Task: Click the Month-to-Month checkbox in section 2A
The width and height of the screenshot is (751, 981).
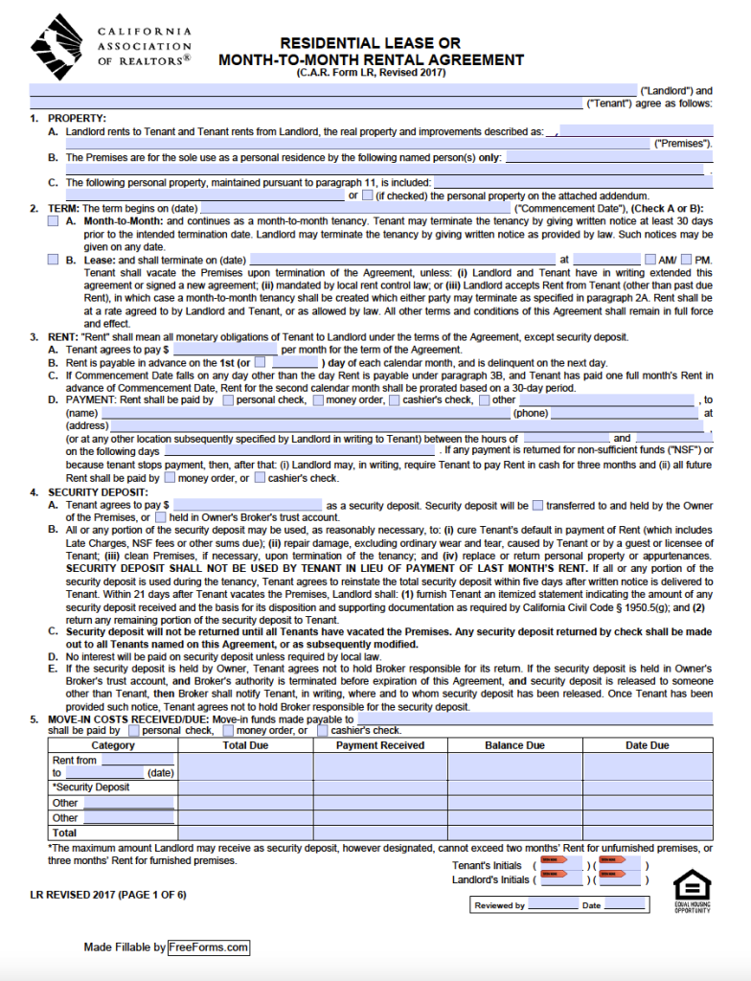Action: tap(53, 221)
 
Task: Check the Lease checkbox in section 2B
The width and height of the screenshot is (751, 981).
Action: tap(53, 260)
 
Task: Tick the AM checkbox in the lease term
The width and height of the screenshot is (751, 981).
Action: tap(651, 260)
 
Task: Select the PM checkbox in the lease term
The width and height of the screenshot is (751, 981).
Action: tap(687, 260)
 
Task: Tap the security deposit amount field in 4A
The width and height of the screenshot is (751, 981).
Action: tap(248, 505)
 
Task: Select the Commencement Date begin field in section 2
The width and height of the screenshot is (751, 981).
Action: tap(355, 208)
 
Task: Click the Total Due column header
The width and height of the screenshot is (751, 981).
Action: tap(245, 745)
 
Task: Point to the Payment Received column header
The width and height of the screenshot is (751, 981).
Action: tap(380, 745)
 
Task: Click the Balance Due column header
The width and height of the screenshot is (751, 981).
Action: tap(514, 745)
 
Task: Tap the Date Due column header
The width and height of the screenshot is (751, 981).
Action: tap(648, 745)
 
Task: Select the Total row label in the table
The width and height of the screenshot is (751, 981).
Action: tap(65, 833)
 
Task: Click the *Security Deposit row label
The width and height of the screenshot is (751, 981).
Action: tap(91, 787)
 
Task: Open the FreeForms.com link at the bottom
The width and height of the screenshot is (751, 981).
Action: tap(209, 947)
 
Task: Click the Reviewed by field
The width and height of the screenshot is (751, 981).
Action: tap(553, 905)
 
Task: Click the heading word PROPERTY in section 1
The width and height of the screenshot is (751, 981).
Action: tap(71, 118)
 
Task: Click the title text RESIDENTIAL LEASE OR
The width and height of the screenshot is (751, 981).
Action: tap(370, 43)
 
